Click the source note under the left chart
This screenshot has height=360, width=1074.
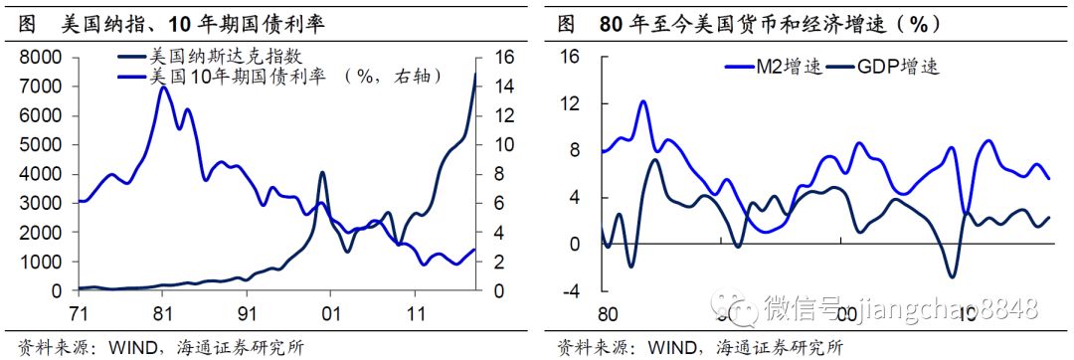[155, 348]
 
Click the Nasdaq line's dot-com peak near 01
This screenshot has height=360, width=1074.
[322, 173]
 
